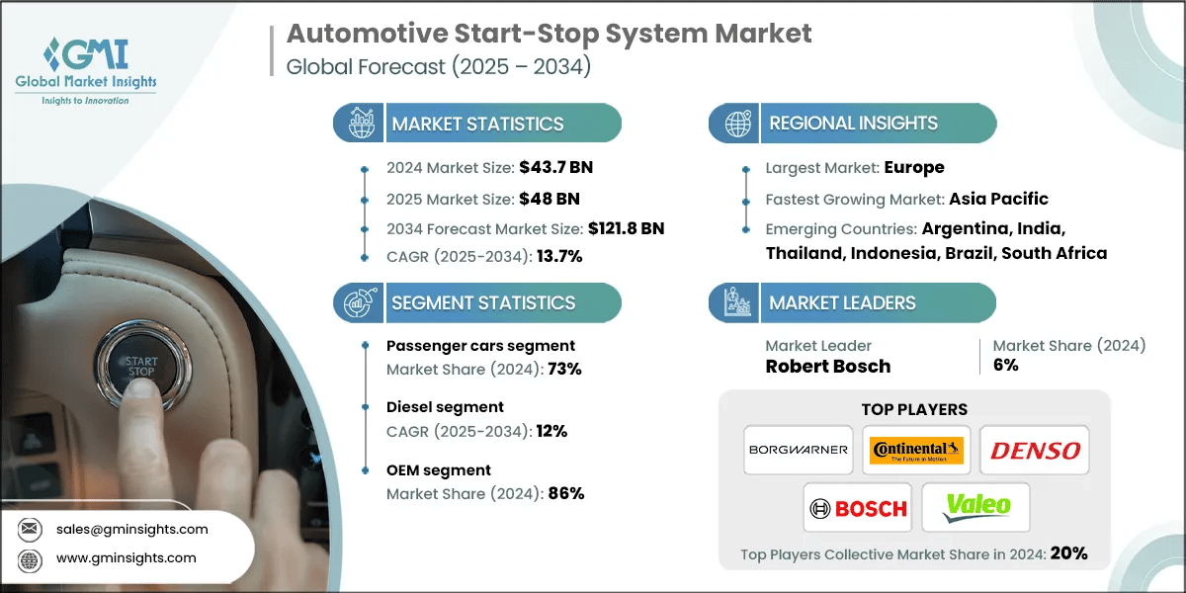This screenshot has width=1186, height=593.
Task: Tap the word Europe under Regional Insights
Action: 913,167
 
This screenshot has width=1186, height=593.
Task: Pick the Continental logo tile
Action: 915,450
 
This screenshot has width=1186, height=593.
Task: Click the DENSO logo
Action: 1034,450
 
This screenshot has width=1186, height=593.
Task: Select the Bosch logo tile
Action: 857,508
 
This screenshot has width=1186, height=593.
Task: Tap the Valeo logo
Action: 975,508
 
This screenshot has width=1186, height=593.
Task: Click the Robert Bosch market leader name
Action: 828,366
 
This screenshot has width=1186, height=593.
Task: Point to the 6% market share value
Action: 1006,366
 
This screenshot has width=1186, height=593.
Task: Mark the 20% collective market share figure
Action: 1068,553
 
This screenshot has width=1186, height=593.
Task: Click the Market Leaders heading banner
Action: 852,302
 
